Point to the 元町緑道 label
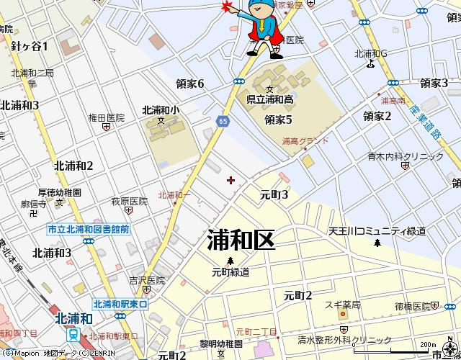point(230,272)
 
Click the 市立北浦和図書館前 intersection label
point(88,229)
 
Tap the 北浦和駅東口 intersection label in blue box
point(120,305)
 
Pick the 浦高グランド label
point(306,142)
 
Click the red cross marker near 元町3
point(230,180)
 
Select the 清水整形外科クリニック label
point(345,340)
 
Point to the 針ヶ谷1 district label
point(30,46)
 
